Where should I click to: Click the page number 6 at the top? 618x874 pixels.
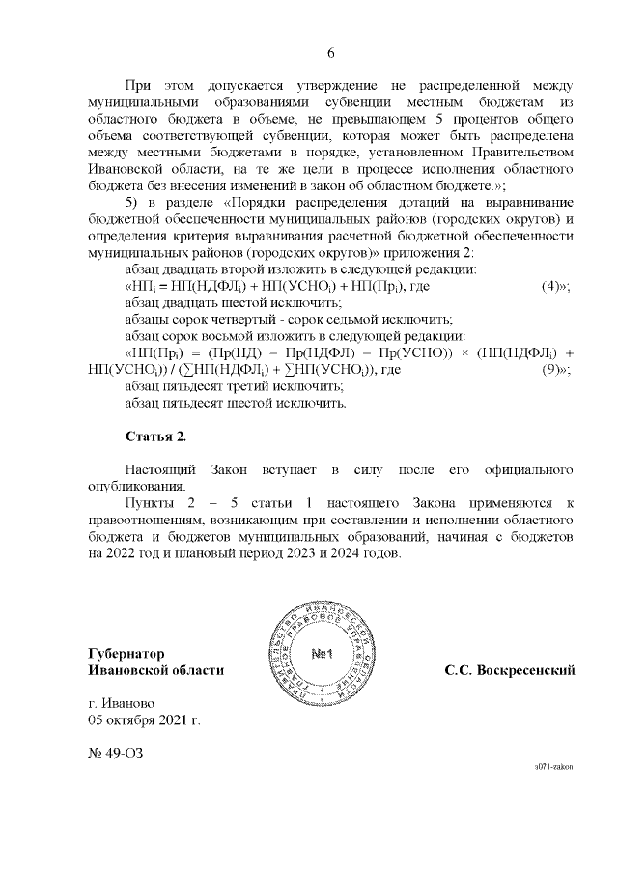(330, 52)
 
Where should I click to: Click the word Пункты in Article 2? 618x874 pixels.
(152, 504)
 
